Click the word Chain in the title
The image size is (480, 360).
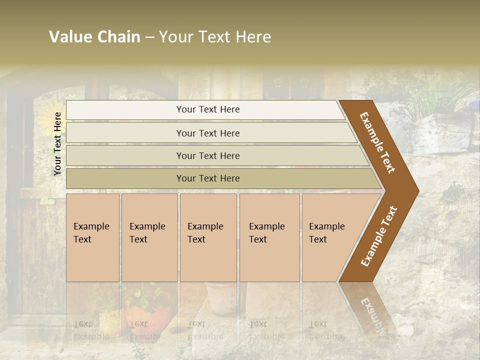pos(118,37)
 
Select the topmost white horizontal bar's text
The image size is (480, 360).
pos(208,109)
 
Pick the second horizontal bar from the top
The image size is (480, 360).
pos(208,133)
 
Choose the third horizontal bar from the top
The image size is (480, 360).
pos(208,156)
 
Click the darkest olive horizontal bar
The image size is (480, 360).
pos(208,178)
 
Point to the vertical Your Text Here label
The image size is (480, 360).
pos(57,143)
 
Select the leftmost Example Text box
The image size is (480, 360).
pos(92,237)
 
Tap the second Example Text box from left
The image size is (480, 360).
pos(149,237)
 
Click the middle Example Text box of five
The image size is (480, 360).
pos(207,237)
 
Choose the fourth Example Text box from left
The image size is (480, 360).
pos(269,237)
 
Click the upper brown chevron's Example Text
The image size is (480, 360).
pos(377,142)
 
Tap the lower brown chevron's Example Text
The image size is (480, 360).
pos(379,236)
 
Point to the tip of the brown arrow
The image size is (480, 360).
pos(418,190)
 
